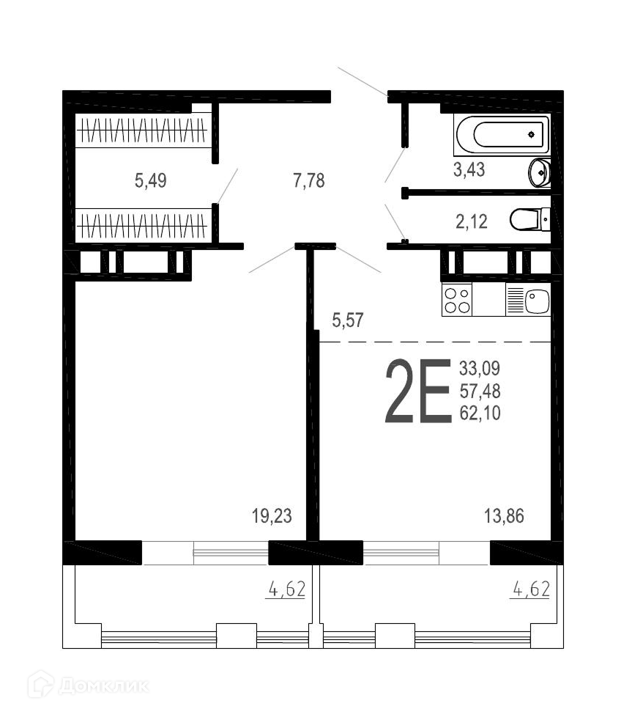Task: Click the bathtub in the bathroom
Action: pos(502,135)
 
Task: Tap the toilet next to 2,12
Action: pos(529,219)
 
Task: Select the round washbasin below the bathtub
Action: pos(540,172)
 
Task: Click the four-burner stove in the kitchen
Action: pos(457,300)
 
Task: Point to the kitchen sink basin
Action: pos(537,301)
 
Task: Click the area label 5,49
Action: pos(151,180)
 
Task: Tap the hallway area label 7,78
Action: pos(309,180)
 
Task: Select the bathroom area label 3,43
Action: pos(469,169)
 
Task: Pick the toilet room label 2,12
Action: pos(472,222)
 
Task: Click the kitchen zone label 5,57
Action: pos(348,320)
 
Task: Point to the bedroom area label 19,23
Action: pos(272,516)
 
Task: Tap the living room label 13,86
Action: pos(504,516)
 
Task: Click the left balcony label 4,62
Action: pos(286,589)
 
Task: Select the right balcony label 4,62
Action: pos(531,589)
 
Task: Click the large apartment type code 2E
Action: pos(418,391)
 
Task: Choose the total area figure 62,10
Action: pos(480,413)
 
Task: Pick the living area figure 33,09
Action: pos(480,368)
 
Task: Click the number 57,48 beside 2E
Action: pos(480,391)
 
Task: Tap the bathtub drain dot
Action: pos(531,134)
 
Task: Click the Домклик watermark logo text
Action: pos(104,686)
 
